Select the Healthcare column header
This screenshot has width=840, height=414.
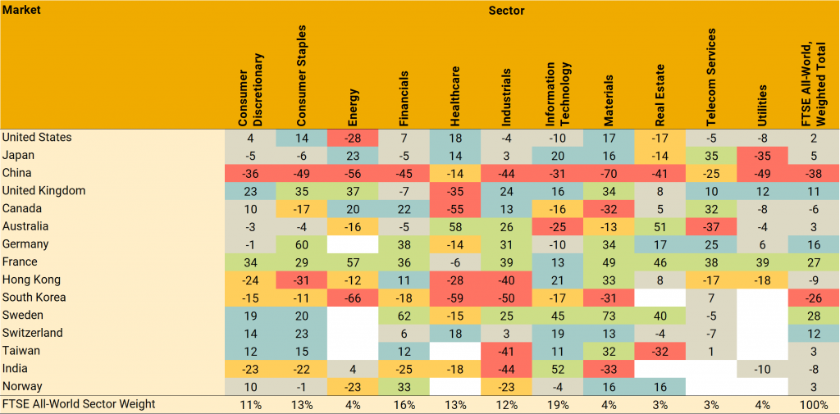[454, 96]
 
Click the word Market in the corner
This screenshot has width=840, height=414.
[21, 11]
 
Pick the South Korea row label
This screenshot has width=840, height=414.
[34, 298]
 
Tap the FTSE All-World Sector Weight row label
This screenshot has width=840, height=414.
[79, 404]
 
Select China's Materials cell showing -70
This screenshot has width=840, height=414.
[608, 173]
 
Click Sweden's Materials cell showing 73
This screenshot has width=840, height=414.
[608, 316]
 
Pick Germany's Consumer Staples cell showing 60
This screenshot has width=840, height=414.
[301, 244]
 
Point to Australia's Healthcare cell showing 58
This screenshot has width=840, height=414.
[454, 226]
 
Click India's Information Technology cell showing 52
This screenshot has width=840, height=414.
[557, 369]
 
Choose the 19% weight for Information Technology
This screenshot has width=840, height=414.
[557, 404]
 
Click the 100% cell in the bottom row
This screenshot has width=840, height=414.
[813, 404]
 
